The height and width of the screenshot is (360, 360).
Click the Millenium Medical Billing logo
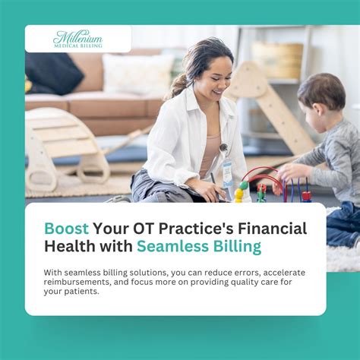(x=77, y=38)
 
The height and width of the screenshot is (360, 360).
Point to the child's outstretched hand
(x=283, y=174)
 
